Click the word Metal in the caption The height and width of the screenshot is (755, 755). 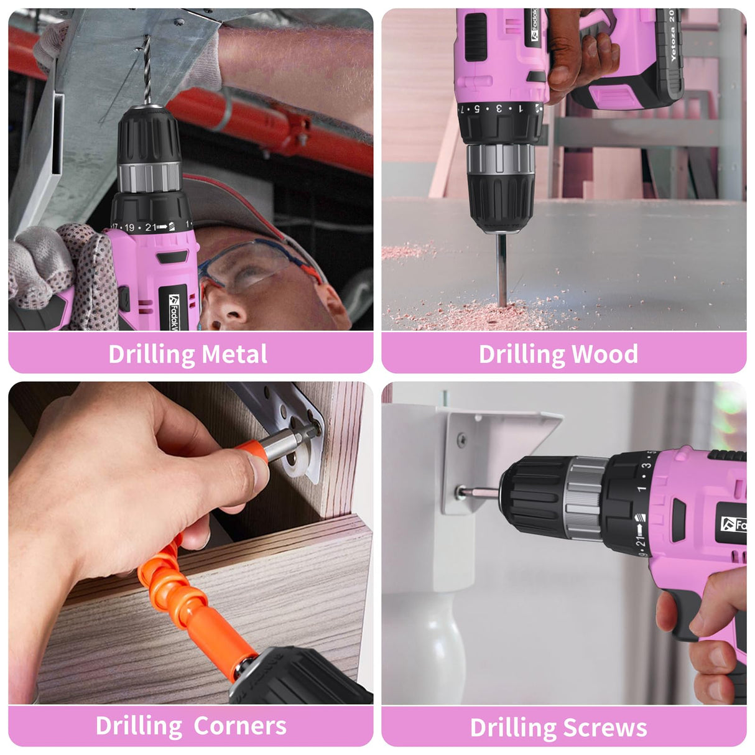pos(234,354)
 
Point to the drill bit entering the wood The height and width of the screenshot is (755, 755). pos(501,267)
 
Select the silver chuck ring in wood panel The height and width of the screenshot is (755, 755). pos(501,159)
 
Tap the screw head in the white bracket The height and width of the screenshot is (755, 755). pos(462,492)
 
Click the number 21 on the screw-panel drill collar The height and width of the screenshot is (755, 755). pos(641,542)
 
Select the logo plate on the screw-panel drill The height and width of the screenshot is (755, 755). pos(734,524)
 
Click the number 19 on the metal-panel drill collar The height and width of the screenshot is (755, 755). pos(129,228)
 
